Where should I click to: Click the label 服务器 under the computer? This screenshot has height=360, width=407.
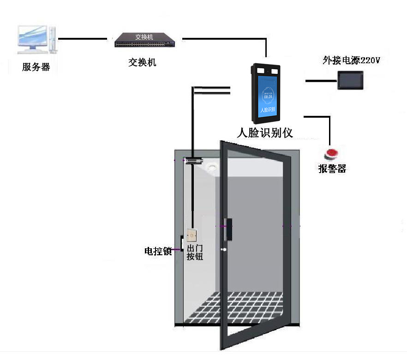pos(36,67)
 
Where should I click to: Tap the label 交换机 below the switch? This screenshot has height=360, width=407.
pos(142,62)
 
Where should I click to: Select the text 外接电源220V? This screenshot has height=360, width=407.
pos(351,60)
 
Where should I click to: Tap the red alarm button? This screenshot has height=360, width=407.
pos(332,154)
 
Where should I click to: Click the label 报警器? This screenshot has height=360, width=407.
pos(332,169)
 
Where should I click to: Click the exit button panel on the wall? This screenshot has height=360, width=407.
pos(192,236)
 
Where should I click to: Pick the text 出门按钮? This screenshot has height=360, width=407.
pos(194,252)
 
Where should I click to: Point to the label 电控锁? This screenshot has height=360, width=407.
pos(158,252)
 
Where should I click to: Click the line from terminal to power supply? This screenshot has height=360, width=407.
pos(321,81)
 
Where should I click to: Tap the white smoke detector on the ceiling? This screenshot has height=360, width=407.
pos(212,168)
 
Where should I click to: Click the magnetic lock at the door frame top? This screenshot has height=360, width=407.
pos(194,161)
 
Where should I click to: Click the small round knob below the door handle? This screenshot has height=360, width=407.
pos(224,251)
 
